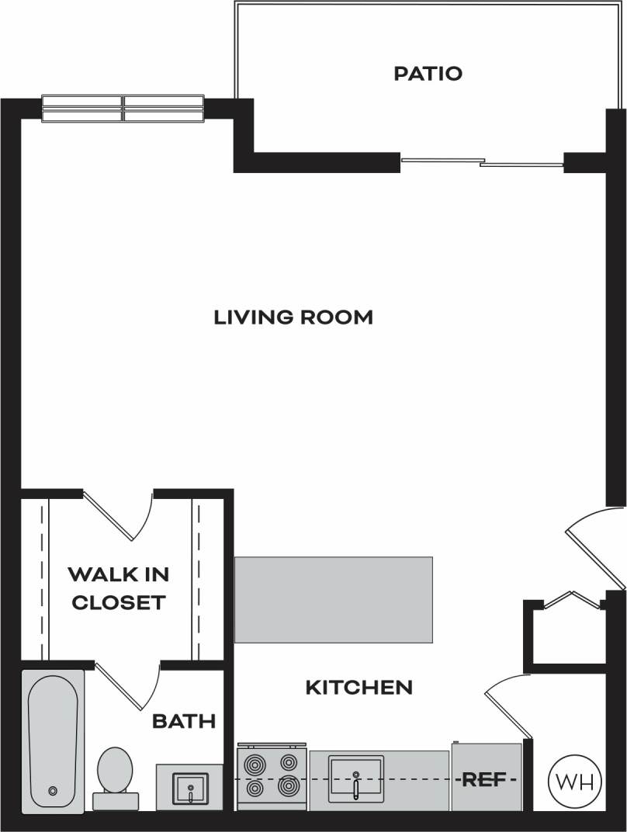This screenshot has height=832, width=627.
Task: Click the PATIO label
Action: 428,74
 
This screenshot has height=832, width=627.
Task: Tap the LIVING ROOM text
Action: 293,317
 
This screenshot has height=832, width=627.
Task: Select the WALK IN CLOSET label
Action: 118,588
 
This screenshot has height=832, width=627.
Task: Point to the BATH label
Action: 183,721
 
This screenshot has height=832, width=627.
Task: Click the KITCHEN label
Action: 359,687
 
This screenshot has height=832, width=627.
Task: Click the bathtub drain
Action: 53,791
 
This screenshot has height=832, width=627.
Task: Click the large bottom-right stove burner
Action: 289,787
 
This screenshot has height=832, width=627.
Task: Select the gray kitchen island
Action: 333,599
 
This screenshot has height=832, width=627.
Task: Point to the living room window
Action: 123,109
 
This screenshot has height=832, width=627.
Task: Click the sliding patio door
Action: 481,162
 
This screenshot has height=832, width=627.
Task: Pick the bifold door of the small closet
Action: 573,600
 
